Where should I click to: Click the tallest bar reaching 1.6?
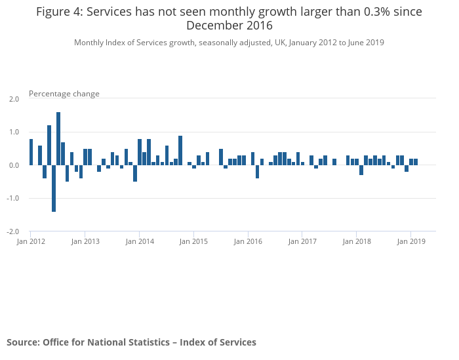click(x=58, y=138)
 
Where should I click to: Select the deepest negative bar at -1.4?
click(x=54, y=188)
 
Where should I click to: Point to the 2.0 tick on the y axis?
click(x=14, y=99)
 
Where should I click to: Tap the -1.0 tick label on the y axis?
click(x=13, y=198)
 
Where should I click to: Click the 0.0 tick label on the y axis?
click(x=14, y=165)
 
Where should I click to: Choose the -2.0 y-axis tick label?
click(x=13, y=231)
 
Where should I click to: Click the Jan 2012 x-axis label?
click(x=31, y=241)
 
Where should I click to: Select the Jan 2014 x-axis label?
click(x=140, y=241)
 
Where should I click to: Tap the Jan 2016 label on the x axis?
click(x=248, y=241)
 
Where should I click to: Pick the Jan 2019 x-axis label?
click(x=411, y=241)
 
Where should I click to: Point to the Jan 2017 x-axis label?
click(x=302, y=241)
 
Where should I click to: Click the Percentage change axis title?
click(x=64, y=94)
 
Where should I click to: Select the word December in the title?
click(x=214, y=26)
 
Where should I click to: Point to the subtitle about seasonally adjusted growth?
click(x=229, y=43)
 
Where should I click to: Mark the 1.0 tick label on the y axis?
click(x=14, y=132)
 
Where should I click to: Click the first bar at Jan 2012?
click(x=31, y=152)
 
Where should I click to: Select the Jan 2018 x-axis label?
click(x=357, y=241)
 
